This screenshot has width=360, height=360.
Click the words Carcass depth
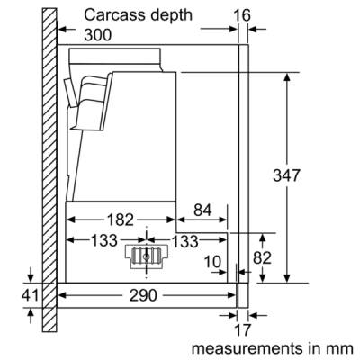click(x=138, y=15)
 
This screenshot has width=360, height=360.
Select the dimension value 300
click(x=98, y=35)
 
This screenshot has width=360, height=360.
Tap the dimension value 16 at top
click(x=242, y=15)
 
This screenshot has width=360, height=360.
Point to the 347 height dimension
click(x=286, y=175)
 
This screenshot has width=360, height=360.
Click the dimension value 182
click(x=120, y=220)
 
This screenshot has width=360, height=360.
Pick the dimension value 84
click(x=202, y=211)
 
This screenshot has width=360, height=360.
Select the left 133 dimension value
click(x=104, y=240)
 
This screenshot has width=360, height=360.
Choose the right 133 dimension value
click(x=185, y=241)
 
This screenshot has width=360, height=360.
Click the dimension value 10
click(x=212, y=262)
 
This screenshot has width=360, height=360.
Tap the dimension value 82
click(x=262, y=257)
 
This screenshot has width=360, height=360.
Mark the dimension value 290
click(x=143, y=296)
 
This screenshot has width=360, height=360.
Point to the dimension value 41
click(x=30, y=295)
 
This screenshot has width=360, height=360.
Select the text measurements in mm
click(x=273, y=348)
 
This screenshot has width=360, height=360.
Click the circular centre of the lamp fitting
click(x=147, y=256)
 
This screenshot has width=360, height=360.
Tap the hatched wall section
click(x=49, y=169)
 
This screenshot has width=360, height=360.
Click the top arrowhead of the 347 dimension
click(x=287, y=76)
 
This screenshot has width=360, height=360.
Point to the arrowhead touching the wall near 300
click(x=62, y=30)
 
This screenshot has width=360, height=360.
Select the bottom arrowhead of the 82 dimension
click(x=263, y=278)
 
